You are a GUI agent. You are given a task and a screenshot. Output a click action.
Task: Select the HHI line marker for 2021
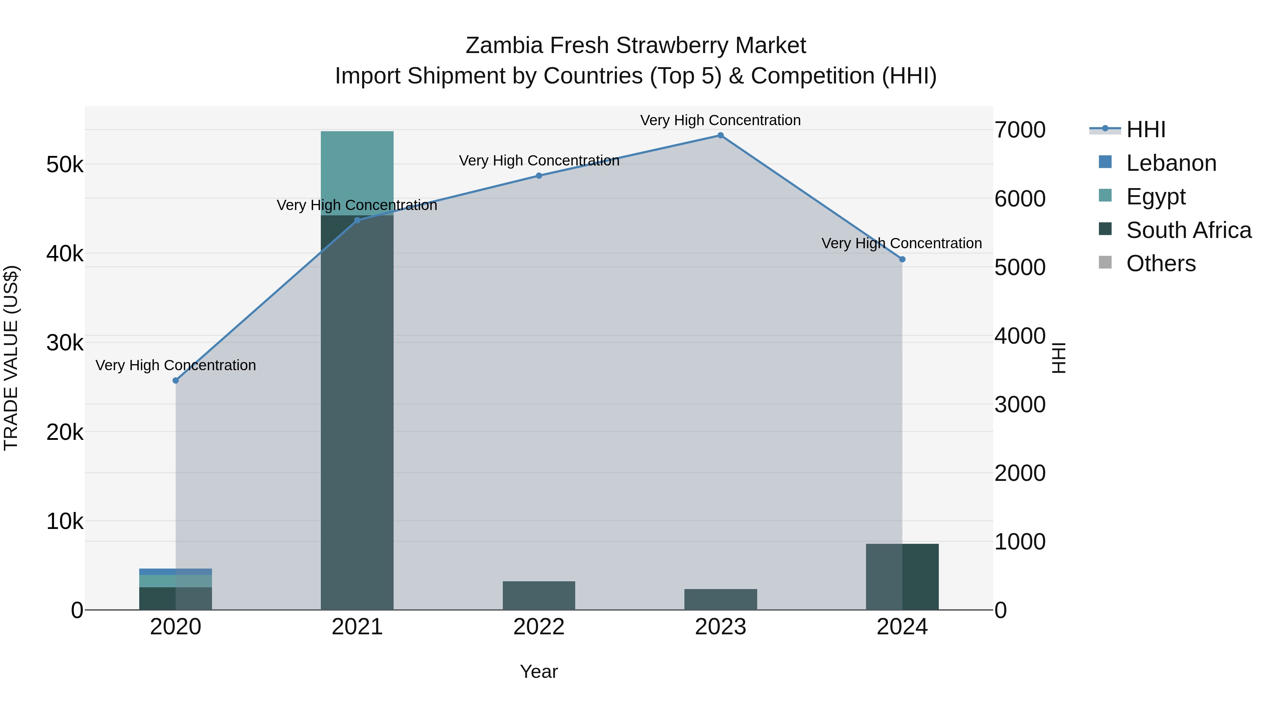click(357, 220)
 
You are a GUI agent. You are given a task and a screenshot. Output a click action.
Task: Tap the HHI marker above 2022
click(539, 175)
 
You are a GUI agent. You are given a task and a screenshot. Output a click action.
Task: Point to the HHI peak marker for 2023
click(720, 135)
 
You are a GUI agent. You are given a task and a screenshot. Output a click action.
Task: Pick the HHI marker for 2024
click(902, 260)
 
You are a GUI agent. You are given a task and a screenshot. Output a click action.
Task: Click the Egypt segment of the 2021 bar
click(357, 173)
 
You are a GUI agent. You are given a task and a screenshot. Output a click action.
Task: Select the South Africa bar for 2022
click(539, 595)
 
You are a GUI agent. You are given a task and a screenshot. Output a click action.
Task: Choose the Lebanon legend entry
click(1170, 163)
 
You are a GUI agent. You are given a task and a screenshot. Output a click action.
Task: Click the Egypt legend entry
click(1155, 197)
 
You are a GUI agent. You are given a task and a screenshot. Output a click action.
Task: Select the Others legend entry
click(1160, 263)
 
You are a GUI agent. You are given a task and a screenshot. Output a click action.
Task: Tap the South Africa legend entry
click(1188, 230)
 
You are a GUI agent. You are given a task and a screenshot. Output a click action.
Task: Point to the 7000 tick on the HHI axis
click(1020, 130)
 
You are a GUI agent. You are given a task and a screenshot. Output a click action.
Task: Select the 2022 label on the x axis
click(539, 627)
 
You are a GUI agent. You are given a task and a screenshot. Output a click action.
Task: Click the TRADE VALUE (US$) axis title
click(11, 358)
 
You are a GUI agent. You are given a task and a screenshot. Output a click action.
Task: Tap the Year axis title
click(539, 671)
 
